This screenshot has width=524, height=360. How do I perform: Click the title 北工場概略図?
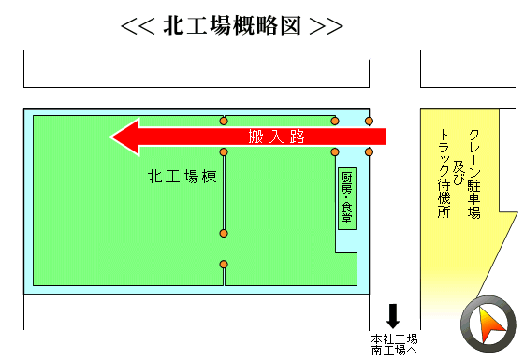coord(232,26)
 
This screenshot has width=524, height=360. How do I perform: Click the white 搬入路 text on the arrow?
coord(276,137)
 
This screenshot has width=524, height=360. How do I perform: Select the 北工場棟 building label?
coord(182,177)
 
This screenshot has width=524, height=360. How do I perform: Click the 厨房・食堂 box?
coord(347,198)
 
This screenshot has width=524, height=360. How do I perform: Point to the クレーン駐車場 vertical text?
coord(473,173)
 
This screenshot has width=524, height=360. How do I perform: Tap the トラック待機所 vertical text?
coord(444,173)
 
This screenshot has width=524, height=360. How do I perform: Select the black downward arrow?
coord(393,316)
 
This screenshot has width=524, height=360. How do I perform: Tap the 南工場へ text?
coord(394,351)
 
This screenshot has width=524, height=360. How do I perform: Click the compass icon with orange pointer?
coord(488,324)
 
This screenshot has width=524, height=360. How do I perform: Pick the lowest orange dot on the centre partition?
coord(224,265)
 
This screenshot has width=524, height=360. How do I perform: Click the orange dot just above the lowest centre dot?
coord(224,233)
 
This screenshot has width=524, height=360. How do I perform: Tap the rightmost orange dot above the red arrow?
coord(369,121)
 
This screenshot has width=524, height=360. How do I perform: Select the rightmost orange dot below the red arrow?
coord(369,152)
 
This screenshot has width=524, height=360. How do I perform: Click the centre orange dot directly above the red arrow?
coord(224,121)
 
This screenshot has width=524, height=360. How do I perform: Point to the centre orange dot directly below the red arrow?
coord(224,152)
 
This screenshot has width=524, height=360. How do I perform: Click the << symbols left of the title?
coord(138,26)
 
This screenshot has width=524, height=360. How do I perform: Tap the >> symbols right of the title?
coord(327,26)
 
